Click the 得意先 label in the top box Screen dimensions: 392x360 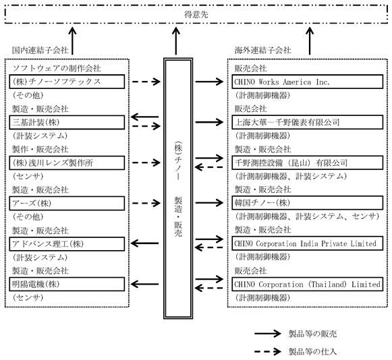click(196, 14)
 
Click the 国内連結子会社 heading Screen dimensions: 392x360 click(40, 50)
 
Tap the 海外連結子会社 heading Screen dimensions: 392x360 click(262, 50)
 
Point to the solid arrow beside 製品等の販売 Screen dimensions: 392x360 click(268, 334)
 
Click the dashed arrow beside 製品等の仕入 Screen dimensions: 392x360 click(268, 351)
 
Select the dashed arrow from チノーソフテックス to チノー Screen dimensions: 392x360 click(146, 82)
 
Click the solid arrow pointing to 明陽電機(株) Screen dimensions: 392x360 click(145, 284)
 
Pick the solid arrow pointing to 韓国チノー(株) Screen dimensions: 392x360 click(210, 203)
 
